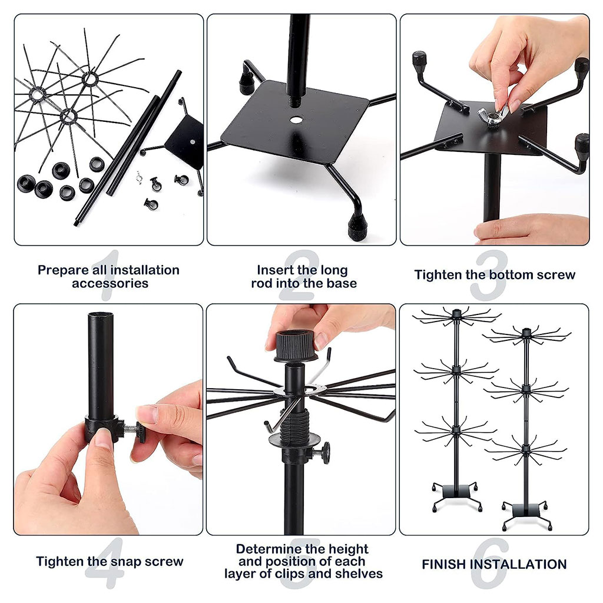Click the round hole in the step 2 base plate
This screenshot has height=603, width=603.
coord(296,120)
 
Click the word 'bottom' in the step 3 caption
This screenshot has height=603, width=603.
coord(511,275)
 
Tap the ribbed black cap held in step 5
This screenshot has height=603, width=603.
coord(296,346)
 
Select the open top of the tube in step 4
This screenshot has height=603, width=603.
coord(101,316)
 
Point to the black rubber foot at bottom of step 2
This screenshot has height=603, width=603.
coord(357,227)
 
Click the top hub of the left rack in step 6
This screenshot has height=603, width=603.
coord(456,314)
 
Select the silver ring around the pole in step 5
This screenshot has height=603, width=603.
coord(304,390)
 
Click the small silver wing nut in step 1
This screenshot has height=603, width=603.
coord(139,177)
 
